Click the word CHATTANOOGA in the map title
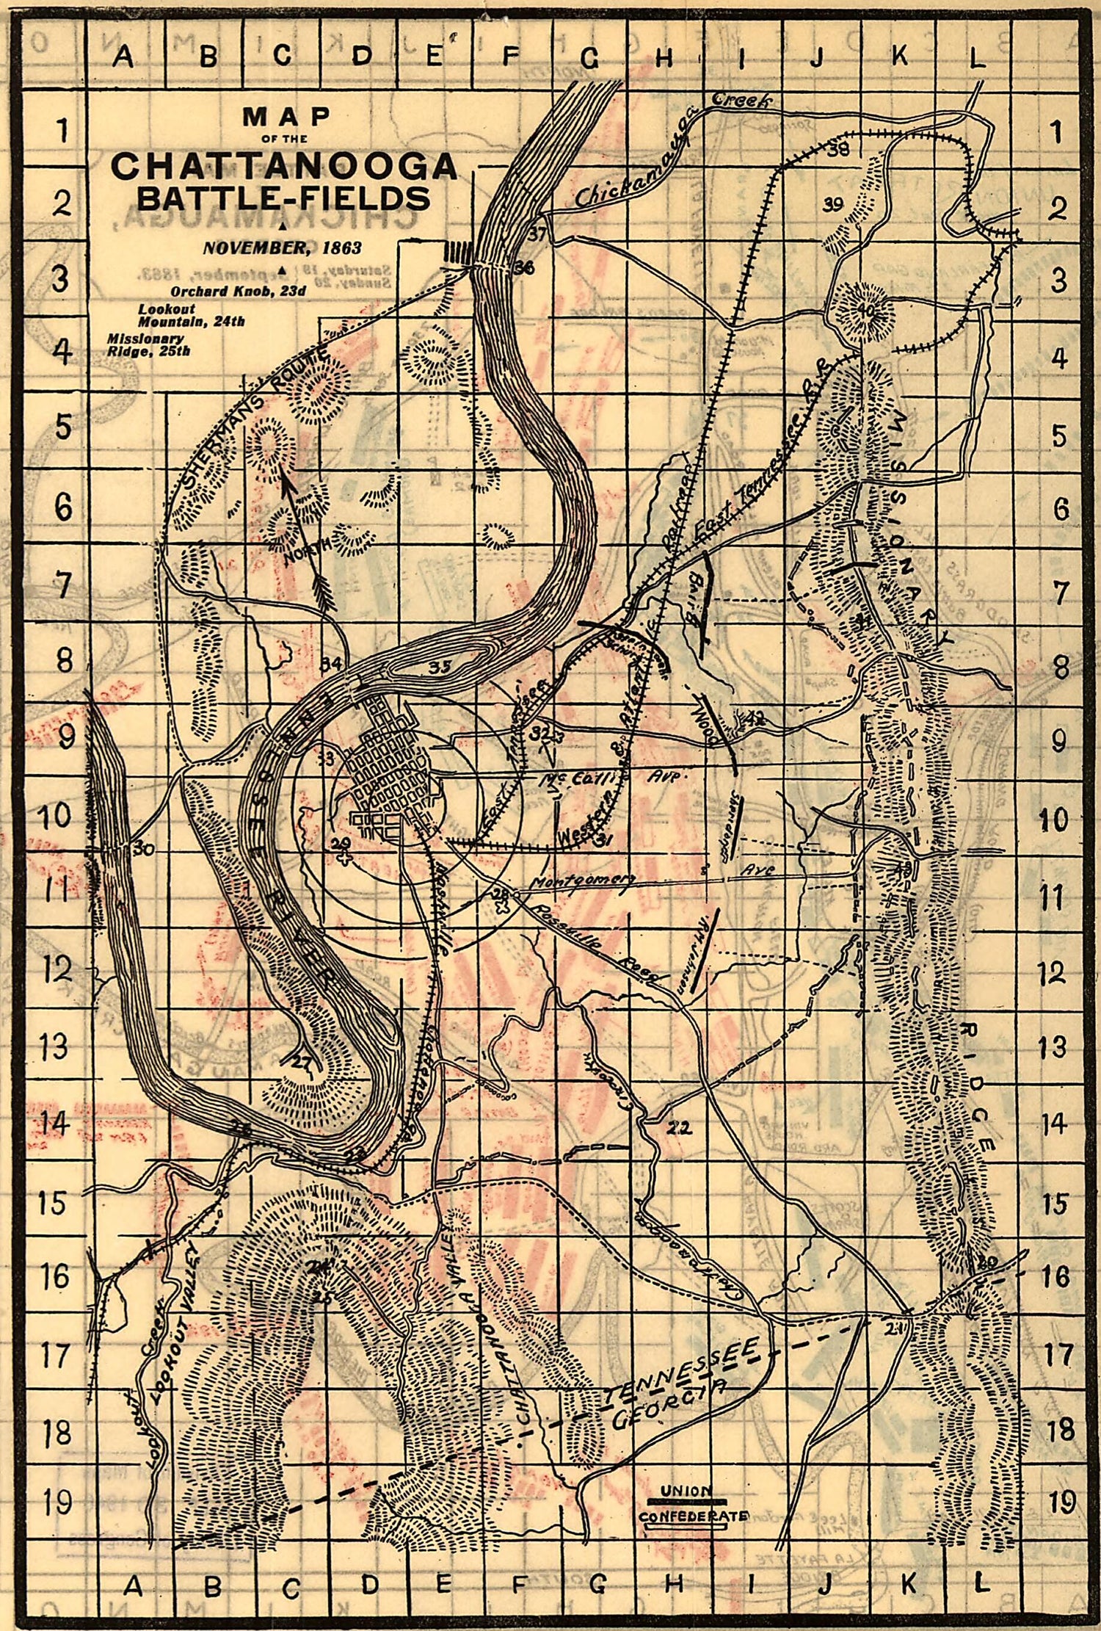tap(284, 167)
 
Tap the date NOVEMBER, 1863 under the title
tap(283, 247)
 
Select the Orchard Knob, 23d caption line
tap(238, 291)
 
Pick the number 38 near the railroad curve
tap(838, 150)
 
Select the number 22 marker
tap(679, 1128)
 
